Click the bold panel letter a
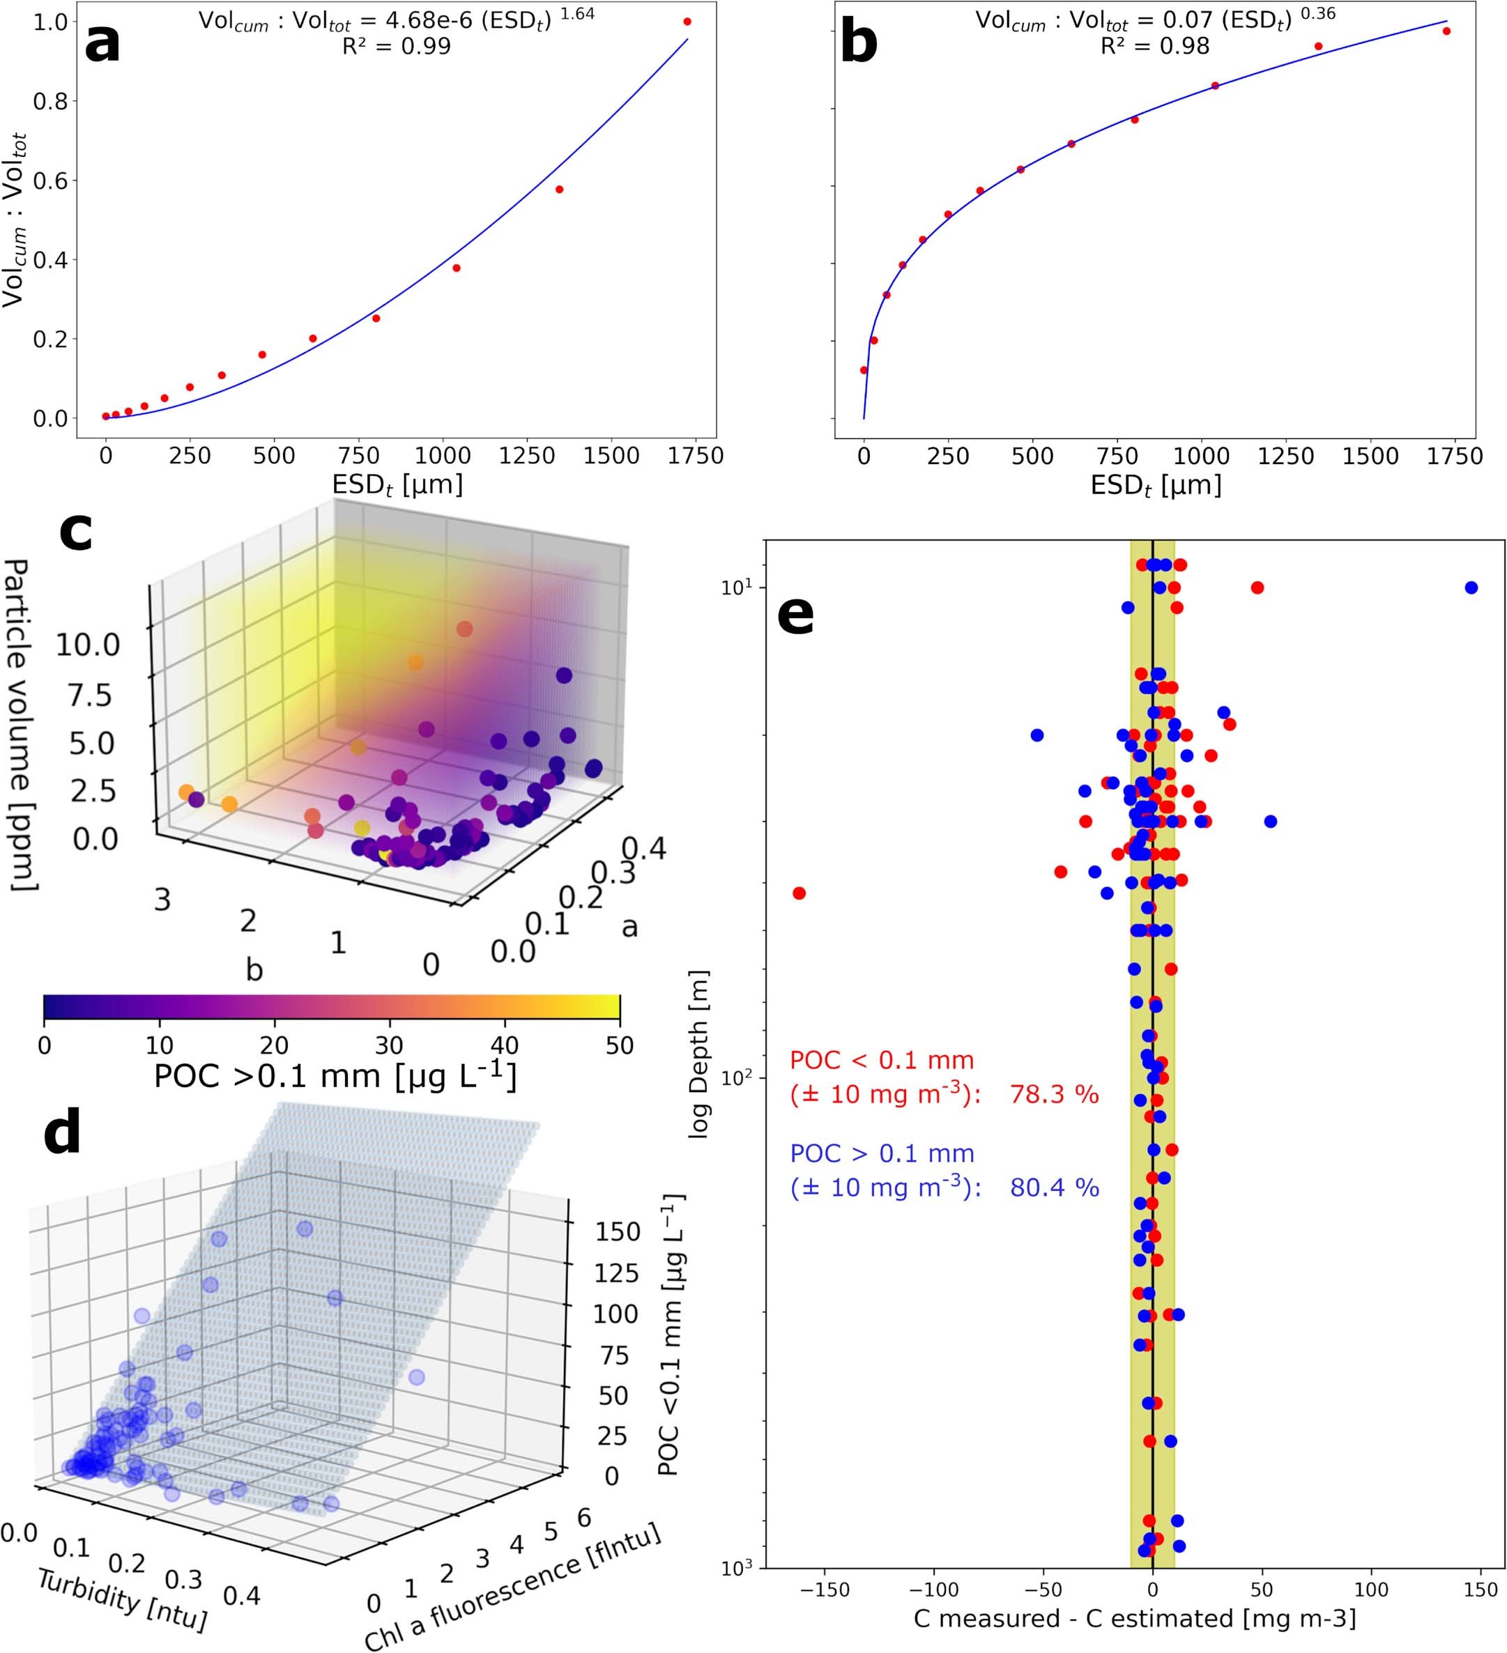(102, 43)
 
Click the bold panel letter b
(859, 43)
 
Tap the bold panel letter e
(795, 615)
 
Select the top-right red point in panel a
(687, 22)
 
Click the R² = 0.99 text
(396, 46)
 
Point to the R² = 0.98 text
(1154, 46)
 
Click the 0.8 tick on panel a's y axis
(50, 102)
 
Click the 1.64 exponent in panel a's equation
(577, 13)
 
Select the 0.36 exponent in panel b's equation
(1317, 13)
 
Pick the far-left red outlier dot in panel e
(800, 893)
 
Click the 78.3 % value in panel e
(1054, 1095)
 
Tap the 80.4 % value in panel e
(1054, 1188)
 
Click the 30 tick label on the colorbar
(389, 1045)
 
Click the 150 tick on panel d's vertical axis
(618, 1231)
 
